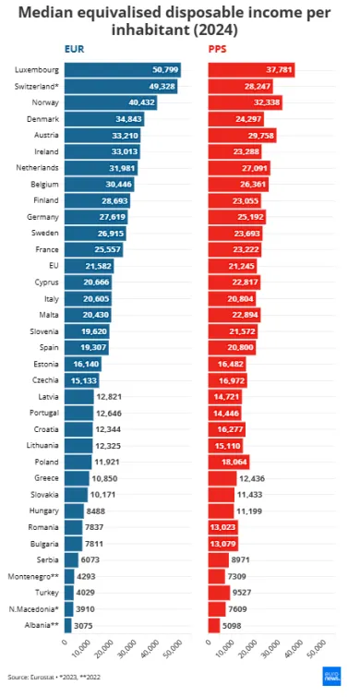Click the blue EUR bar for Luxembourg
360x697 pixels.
tap(121, 70)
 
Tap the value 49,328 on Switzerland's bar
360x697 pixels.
tap(161, 86)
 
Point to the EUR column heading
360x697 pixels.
tap(74, 50)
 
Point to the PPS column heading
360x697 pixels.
tap(219, 50)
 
